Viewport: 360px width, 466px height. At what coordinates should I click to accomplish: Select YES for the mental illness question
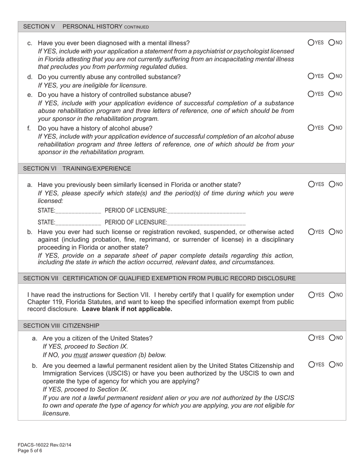click(311, 42)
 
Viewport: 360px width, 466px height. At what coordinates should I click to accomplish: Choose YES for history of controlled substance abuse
click(311, 94)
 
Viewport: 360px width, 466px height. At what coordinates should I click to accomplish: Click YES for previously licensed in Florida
click(311, 184)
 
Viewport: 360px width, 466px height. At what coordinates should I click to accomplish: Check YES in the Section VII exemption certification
click(311, 294)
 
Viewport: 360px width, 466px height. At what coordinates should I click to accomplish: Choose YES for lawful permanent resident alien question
click(311, 364)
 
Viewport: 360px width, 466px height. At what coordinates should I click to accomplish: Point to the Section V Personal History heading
click(86, 27)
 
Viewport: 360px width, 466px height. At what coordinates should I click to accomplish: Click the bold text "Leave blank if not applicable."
click(127, 309)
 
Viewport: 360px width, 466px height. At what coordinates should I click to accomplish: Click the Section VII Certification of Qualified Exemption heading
click(159, 278)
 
